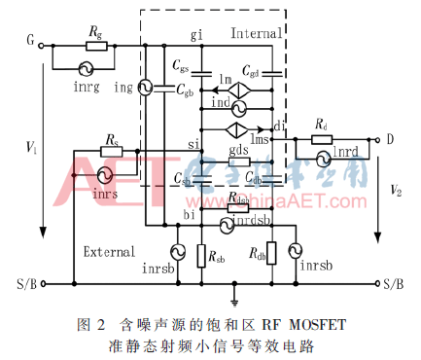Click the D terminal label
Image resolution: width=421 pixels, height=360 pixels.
coord(390,139)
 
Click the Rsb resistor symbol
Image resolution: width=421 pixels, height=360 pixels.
coord(199,256)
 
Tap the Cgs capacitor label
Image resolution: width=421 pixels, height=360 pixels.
coord(181,65)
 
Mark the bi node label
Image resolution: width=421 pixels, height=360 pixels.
coord(190,212)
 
